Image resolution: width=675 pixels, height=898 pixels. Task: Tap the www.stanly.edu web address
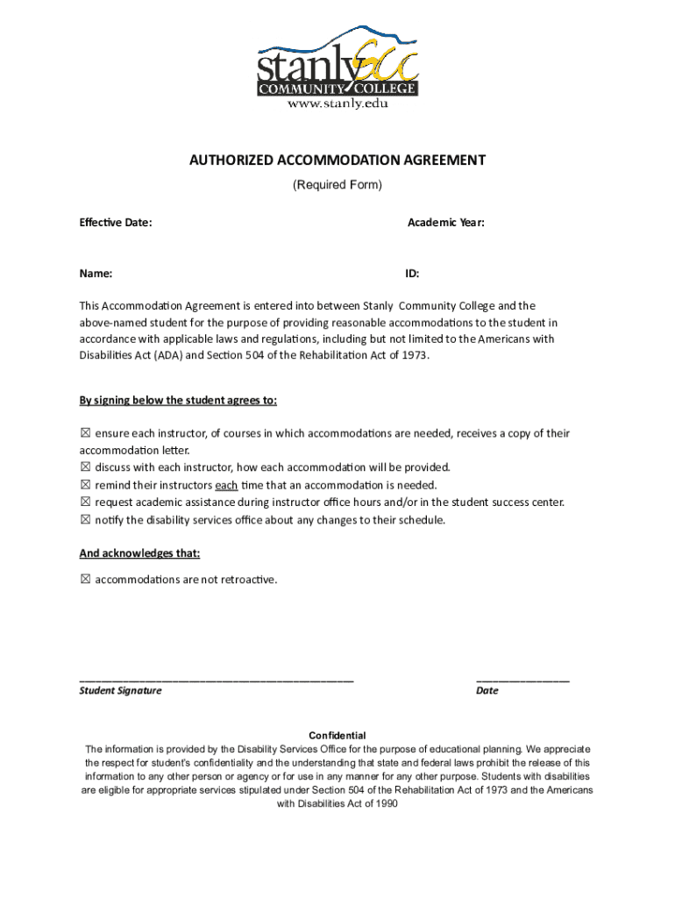[x=337, y=103]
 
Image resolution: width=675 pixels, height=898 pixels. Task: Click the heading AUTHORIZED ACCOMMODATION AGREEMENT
[x=337, y=160]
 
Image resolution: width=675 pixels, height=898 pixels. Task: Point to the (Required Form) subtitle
[x=337, y=185]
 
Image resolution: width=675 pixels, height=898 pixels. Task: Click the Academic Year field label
[x=446, y=223]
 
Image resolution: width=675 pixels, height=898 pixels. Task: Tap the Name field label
[x=96, y=274]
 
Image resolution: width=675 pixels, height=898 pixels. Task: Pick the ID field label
[x=412, y=274]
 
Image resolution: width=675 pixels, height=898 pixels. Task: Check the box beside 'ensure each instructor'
[x=85, y=433]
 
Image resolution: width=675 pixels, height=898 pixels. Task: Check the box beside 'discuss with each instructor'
[x=85, y=467]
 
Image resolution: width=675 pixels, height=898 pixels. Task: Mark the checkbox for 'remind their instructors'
[x=85, y=485]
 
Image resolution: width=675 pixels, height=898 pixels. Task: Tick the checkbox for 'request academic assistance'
[x=85, y=502]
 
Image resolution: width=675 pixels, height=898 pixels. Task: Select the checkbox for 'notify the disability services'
[x=85, y=520]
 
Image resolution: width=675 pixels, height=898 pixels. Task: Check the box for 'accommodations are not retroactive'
[x=85, y=580]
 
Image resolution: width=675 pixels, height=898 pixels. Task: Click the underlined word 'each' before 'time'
[x=226, y=485]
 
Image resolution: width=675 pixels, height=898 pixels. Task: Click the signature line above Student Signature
[x=217, y=680]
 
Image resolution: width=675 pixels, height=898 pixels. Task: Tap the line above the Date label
[x=522, y=680]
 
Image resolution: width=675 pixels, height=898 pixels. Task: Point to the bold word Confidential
[x=337, y=735]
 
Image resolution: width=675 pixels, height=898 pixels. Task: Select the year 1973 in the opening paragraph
[x=416, y=355]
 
